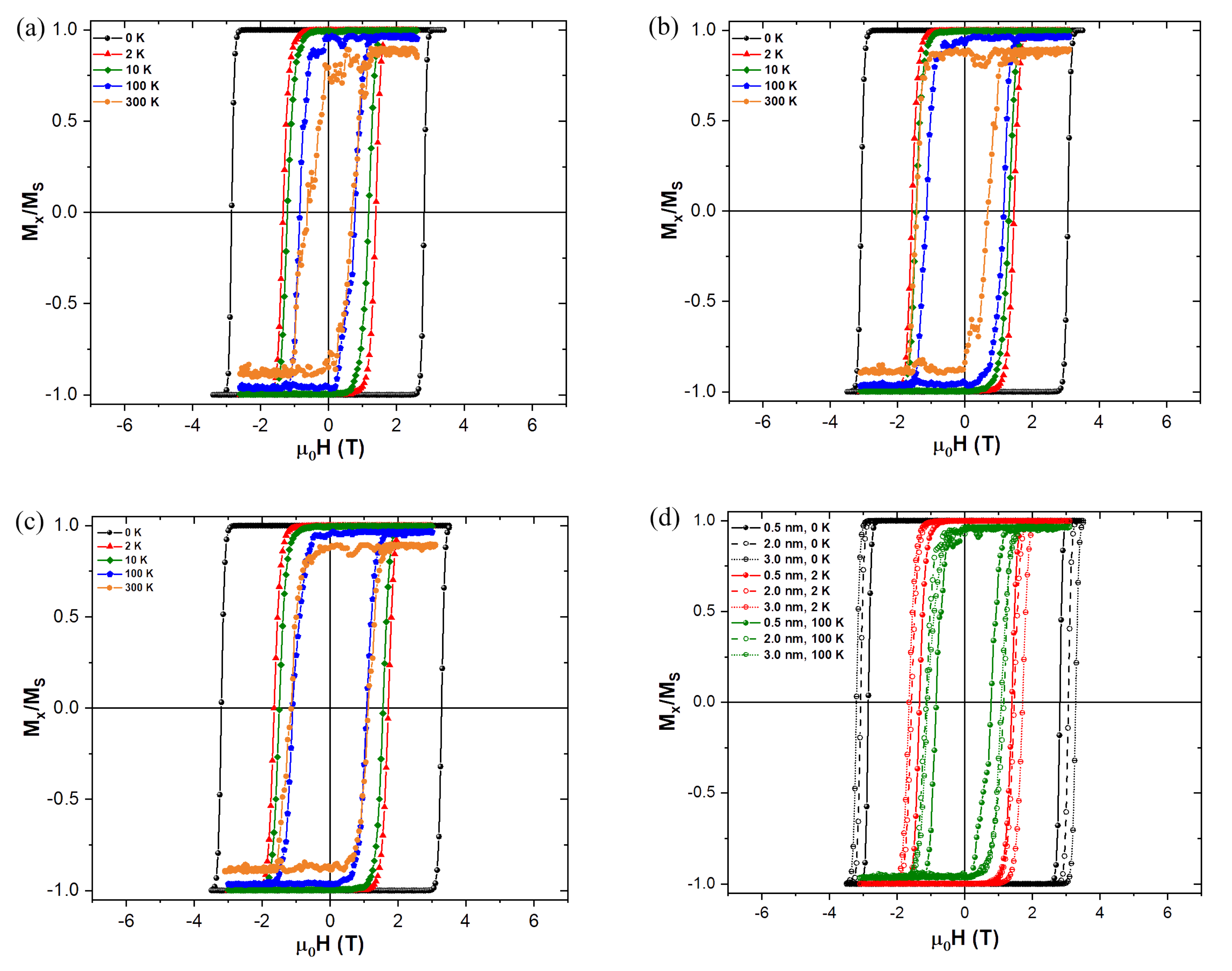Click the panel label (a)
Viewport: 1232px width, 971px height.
(x=30, y=28)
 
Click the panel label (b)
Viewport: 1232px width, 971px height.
(x=663, y=27)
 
